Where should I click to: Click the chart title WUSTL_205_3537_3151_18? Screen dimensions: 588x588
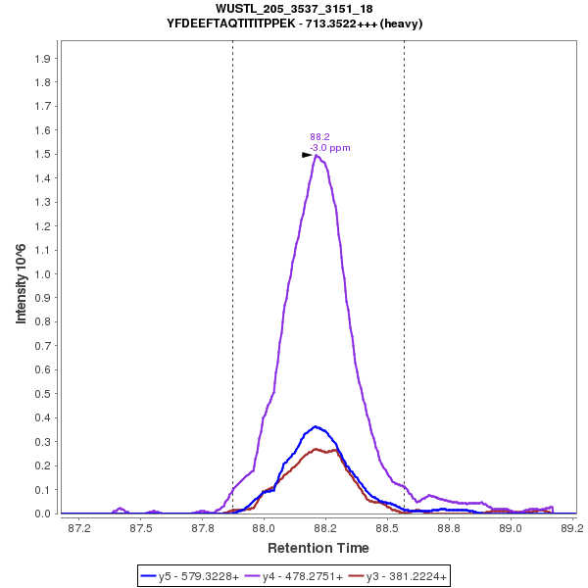point(294,9)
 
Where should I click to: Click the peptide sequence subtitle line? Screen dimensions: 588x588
point(294,23)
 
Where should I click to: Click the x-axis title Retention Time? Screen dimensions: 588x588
point(318,548)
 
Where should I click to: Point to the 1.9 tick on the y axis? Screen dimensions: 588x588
point(43,59)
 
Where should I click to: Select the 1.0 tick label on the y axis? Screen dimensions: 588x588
point(43,274)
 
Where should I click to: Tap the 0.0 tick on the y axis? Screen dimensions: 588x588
point(43,514)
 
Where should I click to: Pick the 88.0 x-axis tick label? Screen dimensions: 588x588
point(264,529)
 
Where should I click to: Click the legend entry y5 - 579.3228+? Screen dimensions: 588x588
point(190,577)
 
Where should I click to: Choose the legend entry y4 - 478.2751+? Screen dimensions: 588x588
point(294,577)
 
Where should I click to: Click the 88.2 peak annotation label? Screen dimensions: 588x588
point(319,137)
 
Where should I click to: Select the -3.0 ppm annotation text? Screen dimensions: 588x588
point(330,148)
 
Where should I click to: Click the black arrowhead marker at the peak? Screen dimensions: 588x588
point(307,155)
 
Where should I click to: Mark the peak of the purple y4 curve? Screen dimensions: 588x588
point(316,155)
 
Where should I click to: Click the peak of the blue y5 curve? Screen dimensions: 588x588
point(315,426)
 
